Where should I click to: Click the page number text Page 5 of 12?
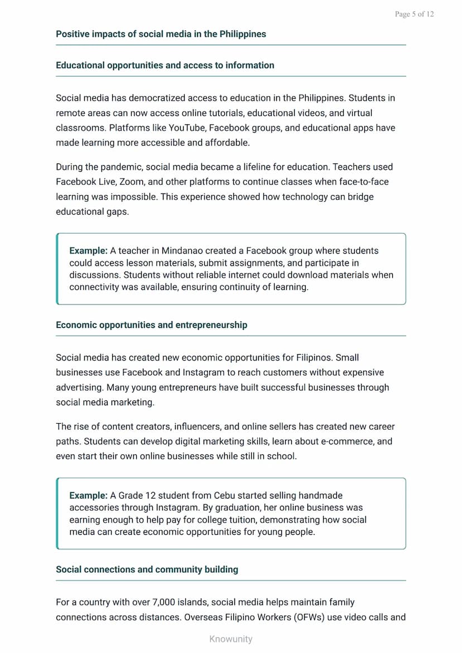(x=413, y=14)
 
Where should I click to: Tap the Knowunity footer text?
(x=230, y=639)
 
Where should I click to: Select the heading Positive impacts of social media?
(x=161, y=34)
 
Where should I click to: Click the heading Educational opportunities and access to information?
(x=165, y=65)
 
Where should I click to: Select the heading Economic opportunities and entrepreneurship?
(x=151, y=325)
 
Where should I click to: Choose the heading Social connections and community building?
(x=147, y=570)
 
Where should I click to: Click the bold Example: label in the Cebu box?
(x=88, y=495)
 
